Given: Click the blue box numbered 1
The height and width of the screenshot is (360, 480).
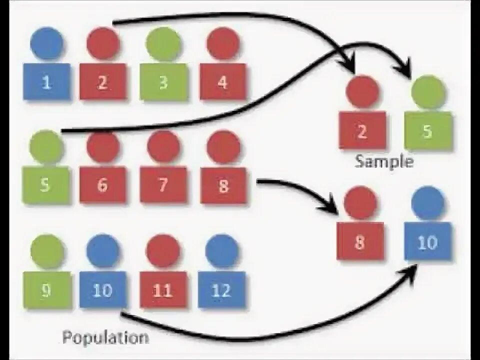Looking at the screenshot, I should (x=46, y=82).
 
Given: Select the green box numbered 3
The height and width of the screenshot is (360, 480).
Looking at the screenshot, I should (x=163, y=82).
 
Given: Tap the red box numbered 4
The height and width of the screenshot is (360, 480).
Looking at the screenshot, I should (x=222, y=82).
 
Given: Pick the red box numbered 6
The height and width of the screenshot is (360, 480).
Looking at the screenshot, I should (x=103, y=185).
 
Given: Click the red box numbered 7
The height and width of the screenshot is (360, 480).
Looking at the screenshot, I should (x=163, y=185).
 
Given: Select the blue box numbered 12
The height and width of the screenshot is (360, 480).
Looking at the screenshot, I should (x=221, y=290).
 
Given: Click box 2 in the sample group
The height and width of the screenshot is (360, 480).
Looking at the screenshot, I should (x=362, y=130).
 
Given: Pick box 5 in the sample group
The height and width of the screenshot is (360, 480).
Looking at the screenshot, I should (x=427, y=131).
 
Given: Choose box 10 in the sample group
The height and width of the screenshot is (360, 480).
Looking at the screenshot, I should (x=427, y=242).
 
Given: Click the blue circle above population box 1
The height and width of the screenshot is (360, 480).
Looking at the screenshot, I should (x=46, y=43).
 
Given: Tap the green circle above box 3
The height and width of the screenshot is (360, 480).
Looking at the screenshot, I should (x=163, y=43).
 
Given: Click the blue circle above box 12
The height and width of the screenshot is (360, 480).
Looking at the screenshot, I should (x=221, y=250).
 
